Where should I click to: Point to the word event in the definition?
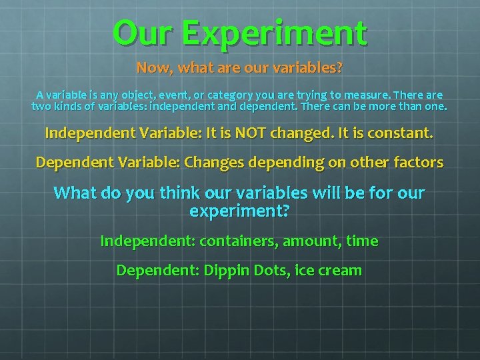(x=187, y=95)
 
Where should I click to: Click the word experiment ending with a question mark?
(x=239, y=212)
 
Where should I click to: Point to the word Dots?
(x=273, y=271)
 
